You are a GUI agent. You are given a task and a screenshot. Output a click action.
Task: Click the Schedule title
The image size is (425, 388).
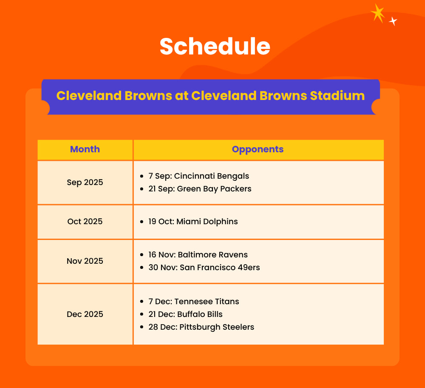click(215, 46)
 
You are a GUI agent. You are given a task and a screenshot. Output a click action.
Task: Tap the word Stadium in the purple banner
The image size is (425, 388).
click(337, 95)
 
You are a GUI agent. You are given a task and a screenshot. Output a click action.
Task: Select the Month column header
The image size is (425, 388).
click(85, 149)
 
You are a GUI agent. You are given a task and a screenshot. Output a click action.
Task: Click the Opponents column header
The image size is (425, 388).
click(258, 149)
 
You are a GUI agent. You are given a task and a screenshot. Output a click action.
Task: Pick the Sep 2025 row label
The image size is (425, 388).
click(85, 183)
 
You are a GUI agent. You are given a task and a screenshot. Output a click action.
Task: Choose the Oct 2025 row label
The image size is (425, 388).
click(85, 221)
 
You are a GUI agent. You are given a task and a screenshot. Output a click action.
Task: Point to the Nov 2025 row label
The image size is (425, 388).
click(85, 261)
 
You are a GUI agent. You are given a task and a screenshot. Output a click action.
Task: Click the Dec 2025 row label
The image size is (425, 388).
click(85, 314)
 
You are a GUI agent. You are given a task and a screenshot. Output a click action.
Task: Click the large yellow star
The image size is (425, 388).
click(378, 13)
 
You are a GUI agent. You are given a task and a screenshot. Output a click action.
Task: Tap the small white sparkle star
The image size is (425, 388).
click(393, 21)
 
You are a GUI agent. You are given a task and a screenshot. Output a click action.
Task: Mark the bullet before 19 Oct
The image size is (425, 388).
click(142, 222)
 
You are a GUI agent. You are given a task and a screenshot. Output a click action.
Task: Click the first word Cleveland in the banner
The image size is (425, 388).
click(89, 95)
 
